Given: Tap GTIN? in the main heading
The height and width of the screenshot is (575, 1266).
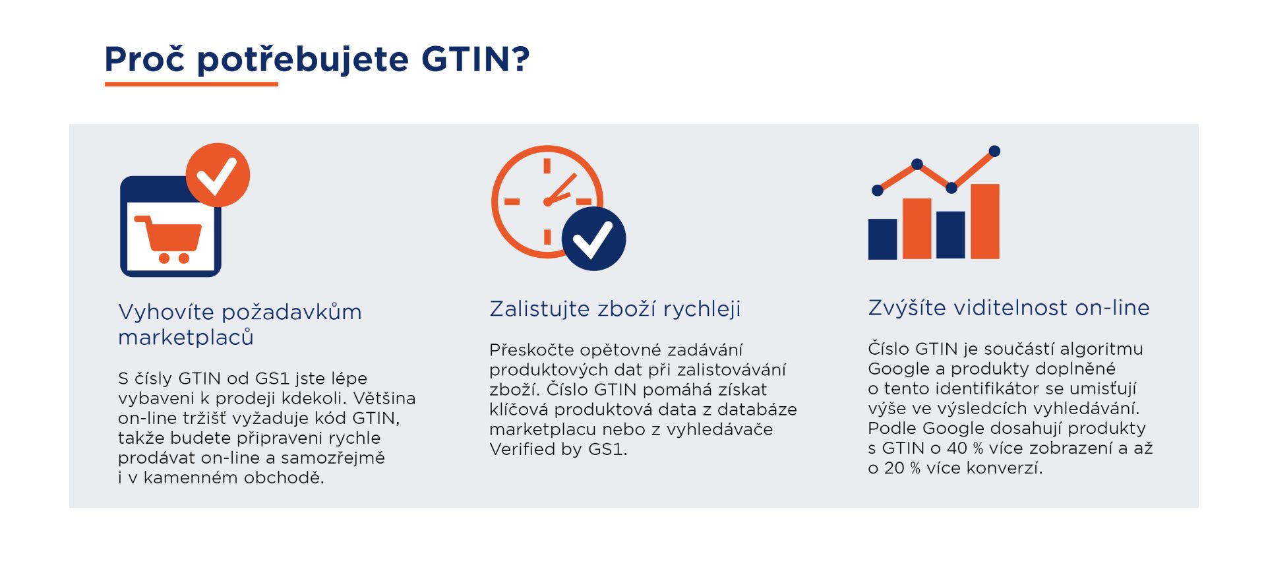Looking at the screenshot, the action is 475,59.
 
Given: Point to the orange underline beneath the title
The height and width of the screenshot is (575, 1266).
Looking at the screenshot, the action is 191,84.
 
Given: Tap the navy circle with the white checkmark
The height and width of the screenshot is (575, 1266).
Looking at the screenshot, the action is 593,239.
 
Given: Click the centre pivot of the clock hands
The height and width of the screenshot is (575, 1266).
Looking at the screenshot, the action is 547,202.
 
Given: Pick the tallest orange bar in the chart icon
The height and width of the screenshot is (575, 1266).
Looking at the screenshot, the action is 985,221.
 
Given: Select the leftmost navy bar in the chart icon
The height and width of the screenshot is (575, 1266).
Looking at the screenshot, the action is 882,239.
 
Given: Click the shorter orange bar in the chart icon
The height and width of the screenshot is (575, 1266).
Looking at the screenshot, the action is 917,228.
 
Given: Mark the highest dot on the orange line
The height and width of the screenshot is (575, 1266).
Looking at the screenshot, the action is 995,152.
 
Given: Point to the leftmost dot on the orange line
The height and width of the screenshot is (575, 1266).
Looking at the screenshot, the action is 878,191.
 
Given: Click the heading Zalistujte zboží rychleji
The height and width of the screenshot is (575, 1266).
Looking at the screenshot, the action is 615,309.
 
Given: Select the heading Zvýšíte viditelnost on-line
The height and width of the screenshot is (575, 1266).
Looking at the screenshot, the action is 1009,307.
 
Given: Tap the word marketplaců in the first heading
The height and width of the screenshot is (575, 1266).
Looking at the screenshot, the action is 186,337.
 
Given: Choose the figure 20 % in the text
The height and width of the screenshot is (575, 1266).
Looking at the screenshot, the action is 903,468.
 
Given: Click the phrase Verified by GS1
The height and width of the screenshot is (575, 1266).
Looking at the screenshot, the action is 558,449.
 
